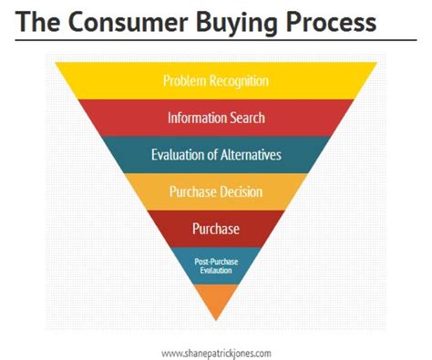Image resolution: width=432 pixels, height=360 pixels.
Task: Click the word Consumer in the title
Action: pos(129,22)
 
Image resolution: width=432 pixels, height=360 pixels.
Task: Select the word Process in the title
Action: pos(331,22)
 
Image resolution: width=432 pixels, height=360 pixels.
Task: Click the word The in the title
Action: pos(37,22)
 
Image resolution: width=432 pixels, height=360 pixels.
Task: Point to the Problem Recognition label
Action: pos(216,81)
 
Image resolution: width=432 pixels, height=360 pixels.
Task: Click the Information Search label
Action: pos(216,118)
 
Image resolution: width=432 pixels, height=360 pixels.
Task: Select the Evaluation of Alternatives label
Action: pos(216,155)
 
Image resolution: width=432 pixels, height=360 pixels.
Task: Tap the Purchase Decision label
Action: pos(216,191)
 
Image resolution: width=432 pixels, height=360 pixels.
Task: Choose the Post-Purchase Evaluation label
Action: pos(216,266)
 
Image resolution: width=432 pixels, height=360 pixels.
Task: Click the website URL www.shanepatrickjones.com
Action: pos(216,354)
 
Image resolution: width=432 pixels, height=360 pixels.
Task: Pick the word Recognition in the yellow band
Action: pos(239,81)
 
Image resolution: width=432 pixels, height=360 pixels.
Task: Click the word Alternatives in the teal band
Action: pos(251,155)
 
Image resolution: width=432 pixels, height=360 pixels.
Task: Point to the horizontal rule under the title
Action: pos(216,40)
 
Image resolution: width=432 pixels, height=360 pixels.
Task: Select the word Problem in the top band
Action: pos(185,81)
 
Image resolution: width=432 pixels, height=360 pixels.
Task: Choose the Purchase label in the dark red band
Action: pos(216,229)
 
